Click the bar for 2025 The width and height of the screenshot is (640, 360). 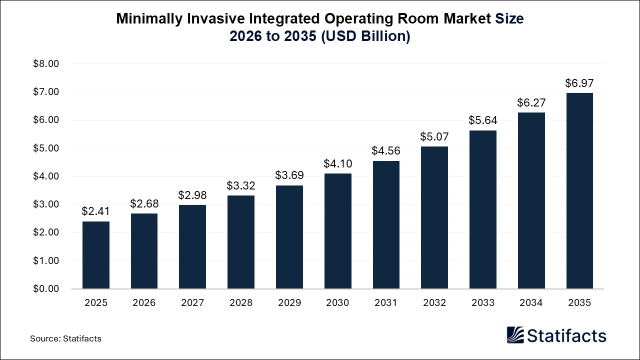pyautogui.click(x=96, y=255)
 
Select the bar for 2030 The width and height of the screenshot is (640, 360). pyautogui.click(x=338, y=231)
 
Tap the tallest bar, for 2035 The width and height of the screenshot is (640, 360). pyautogui.click(x=579, y=190)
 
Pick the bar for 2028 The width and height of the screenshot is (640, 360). pyautogui.click(x=241, y=242)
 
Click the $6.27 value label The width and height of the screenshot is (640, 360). pyautogui.click(x=531, y=102)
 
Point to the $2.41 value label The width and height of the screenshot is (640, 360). pyautogui.click(x=96, y=211)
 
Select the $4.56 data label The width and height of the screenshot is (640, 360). pyautogui.click(x=386, y=151)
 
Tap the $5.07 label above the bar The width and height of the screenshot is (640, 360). pyautogui.click(x=434, y=136)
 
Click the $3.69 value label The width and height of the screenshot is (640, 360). pyautogui.click(x=289, y=175)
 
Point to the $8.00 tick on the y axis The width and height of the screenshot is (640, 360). pyautogui.click(x=46, y=64)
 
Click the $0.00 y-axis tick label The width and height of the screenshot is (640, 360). pyautogui.click(x=46, y=289)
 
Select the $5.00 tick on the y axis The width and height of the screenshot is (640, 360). pyautogui.click(x=46, y=148)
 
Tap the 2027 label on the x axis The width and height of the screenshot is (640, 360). pyautogui.click(x=192, y=303)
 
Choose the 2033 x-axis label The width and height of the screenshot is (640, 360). pyautogui.click(x=483, y=303)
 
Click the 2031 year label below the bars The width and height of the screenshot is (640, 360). pyautogui.click(x=386, y=303)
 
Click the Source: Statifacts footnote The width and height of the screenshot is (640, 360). pyautogui.click(x=65, y=338)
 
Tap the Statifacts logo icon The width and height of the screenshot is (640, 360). pyautogui.click(x=515, y=335)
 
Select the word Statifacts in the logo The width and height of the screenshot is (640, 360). pyautogui.click(x=566, y=335)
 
